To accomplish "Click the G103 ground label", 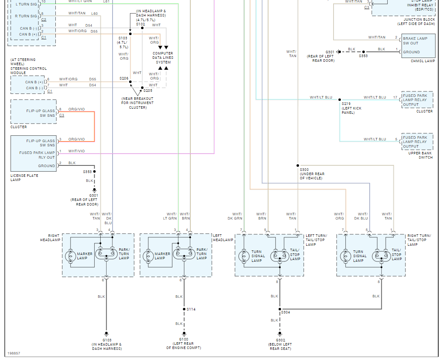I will (x=107, y=340).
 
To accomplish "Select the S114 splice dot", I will (x=184, y=309).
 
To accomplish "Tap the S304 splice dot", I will (x=279, y=309).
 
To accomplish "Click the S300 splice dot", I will (x=298, y=165).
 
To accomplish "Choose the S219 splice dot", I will (x=340, y=100).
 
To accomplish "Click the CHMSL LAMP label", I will (x=423, y=61).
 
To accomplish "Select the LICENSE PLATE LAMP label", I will (x=24, y=178).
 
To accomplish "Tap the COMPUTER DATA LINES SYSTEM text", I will (x=163, y=58).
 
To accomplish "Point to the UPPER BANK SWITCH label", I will (x=420, y=155).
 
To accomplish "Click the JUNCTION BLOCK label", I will (x=419, y=19).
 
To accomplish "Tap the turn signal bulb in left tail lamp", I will (x=244, y=256).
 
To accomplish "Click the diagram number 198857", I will (x=14, y=353).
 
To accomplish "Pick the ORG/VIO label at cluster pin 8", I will (x=77, y=109).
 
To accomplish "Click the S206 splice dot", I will (x=130, y=82).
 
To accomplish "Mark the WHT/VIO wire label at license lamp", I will (x=77, y=151).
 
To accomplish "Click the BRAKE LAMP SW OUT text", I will (x=415, y=41).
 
